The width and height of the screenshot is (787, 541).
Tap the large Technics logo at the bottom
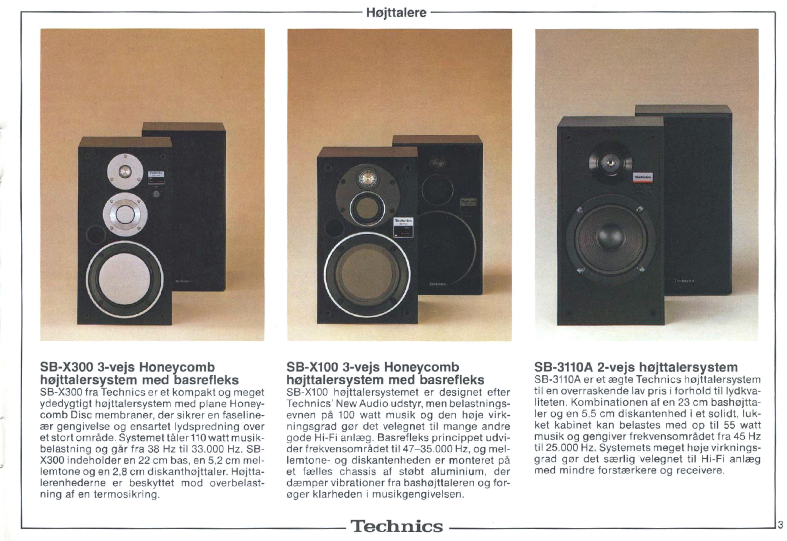(x=397, y=526)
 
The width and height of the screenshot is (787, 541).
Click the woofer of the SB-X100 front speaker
(x=367, y=272)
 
